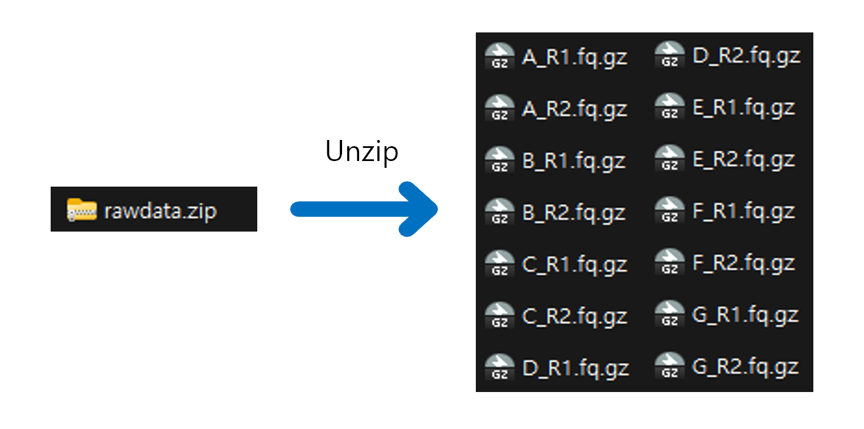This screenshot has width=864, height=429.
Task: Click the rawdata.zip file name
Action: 161,211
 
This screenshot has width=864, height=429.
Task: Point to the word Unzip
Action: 361,151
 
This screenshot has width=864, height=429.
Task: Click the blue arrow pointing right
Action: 364,209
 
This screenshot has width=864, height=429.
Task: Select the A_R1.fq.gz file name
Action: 574,57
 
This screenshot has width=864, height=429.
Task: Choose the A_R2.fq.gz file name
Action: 574,109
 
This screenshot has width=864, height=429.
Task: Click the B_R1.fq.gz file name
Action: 574,161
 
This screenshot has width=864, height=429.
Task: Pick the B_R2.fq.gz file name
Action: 574,213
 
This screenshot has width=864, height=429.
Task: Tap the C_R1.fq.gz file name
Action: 574,265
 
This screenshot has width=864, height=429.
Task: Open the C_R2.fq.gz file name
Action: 574,316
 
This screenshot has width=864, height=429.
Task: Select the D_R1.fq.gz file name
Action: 575,368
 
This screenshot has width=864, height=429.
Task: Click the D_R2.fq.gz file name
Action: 746,56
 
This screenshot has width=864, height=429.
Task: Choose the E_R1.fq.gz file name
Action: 743,108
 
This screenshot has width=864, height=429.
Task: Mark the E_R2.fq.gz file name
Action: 743,160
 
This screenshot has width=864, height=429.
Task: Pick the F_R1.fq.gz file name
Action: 743,212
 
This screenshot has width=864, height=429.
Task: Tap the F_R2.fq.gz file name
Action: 743,263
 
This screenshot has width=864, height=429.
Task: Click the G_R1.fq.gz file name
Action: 745,315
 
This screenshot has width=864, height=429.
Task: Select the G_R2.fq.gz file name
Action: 745,366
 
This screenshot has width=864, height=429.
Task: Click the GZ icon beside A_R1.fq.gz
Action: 499,57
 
